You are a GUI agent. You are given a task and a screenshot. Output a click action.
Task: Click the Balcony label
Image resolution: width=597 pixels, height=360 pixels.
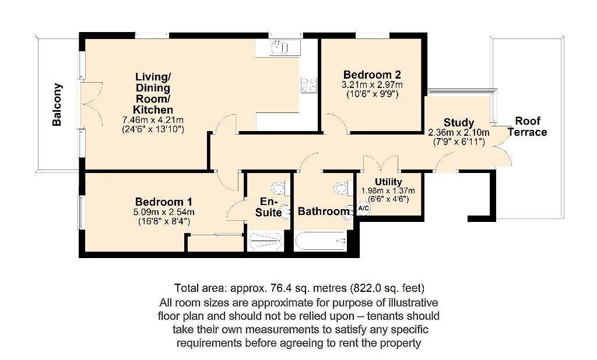(x=57, y=105)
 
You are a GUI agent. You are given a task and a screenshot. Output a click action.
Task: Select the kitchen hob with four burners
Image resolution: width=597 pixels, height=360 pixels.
(x=308, y=85)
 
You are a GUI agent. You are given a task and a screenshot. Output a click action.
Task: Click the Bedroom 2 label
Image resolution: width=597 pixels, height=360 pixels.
(x=371, y=75)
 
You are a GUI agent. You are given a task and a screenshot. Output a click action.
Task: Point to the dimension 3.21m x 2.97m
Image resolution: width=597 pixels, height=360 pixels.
(x=371, y=84)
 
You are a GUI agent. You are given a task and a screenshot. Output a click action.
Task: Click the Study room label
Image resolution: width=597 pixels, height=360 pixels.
(x=459, y=122)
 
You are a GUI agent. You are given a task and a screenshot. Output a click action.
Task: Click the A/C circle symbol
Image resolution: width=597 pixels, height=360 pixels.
(x=363, y=209)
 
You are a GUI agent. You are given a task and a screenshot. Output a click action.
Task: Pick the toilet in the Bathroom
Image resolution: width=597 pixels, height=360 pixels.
(x=340, y=188)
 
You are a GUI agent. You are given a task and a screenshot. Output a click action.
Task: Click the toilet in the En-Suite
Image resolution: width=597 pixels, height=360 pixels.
(x=279, y=188)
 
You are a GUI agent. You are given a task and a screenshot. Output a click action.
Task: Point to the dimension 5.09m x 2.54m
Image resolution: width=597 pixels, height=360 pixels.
(x=164, y=212)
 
